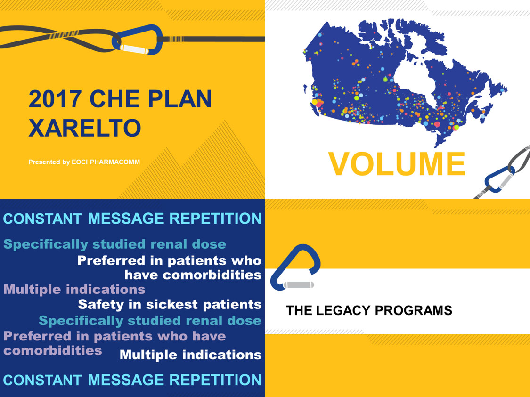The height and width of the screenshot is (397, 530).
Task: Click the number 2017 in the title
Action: [55, 99]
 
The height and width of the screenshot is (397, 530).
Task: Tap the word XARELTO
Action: [84, 128]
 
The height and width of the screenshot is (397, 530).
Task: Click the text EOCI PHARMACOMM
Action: [106, 162]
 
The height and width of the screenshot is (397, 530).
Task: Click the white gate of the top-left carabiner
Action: [134, 49]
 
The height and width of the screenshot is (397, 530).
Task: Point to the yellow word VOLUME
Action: [397, 164]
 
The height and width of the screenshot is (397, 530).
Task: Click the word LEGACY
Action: [343, 310]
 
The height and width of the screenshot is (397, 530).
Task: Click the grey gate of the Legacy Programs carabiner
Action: [299, 285]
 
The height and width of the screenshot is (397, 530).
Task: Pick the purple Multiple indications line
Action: [74, 290]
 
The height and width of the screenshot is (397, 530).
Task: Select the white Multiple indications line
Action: [191, 355]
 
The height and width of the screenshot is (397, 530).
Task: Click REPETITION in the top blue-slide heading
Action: [215, 218]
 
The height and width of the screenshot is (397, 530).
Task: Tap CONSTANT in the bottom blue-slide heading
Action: [42, 380]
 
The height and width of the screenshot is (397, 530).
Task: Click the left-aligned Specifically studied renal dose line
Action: [114, 244]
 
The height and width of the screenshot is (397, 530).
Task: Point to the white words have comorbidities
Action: [193, 275]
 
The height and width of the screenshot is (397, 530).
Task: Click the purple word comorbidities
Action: [53, 351]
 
